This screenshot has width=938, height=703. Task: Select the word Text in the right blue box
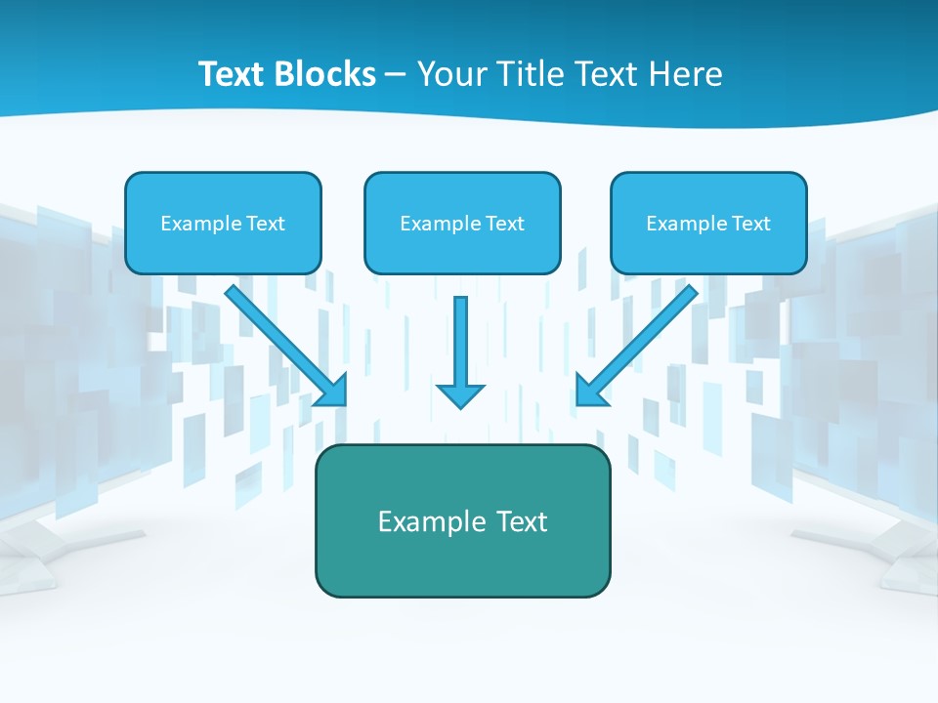point(750,224)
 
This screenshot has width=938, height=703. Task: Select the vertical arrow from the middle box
point(460,342)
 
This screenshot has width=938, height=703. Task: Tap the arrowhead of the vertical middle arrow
point(460,394)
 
